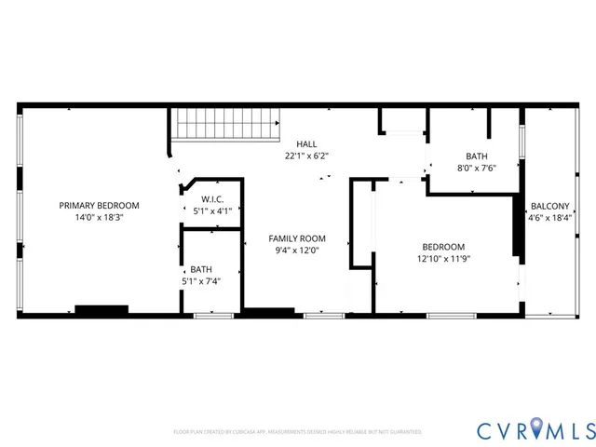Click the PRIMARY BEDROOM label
pyautogui.click(x=99, y=205)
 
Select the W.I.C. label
pyautogui.click(x=212, y=198)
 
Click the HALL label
pyautogui.click(x=306, y=143)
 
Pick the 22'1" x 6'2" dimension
pyautogui.click(x=306, y=156)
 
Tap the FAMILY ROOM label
pyautogui.click(x=297, y=238)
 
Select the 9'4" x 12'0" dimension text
pyautogui.click(x=297, y=250)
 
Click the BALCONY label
pyautogui.click(x=549, y=207)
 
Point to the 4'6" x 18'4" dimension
pyautogui.click(x=549, y=219)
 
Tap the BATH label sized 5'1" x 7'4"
pyautogui.click(x=200, y=268)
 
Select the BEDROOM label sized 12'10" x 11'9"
pyautogui.click(x=442, y=247)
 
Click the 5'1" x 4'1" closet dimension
pyautogui.click(x=212, y=210)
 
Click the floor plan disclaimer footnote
pyautogui.click(x=298, y=432)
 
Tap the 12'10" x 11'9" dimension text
pyautogui.click(x=442, y=259)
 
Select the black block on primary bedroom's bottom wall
pyautogui.click(x=102, y=310)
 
